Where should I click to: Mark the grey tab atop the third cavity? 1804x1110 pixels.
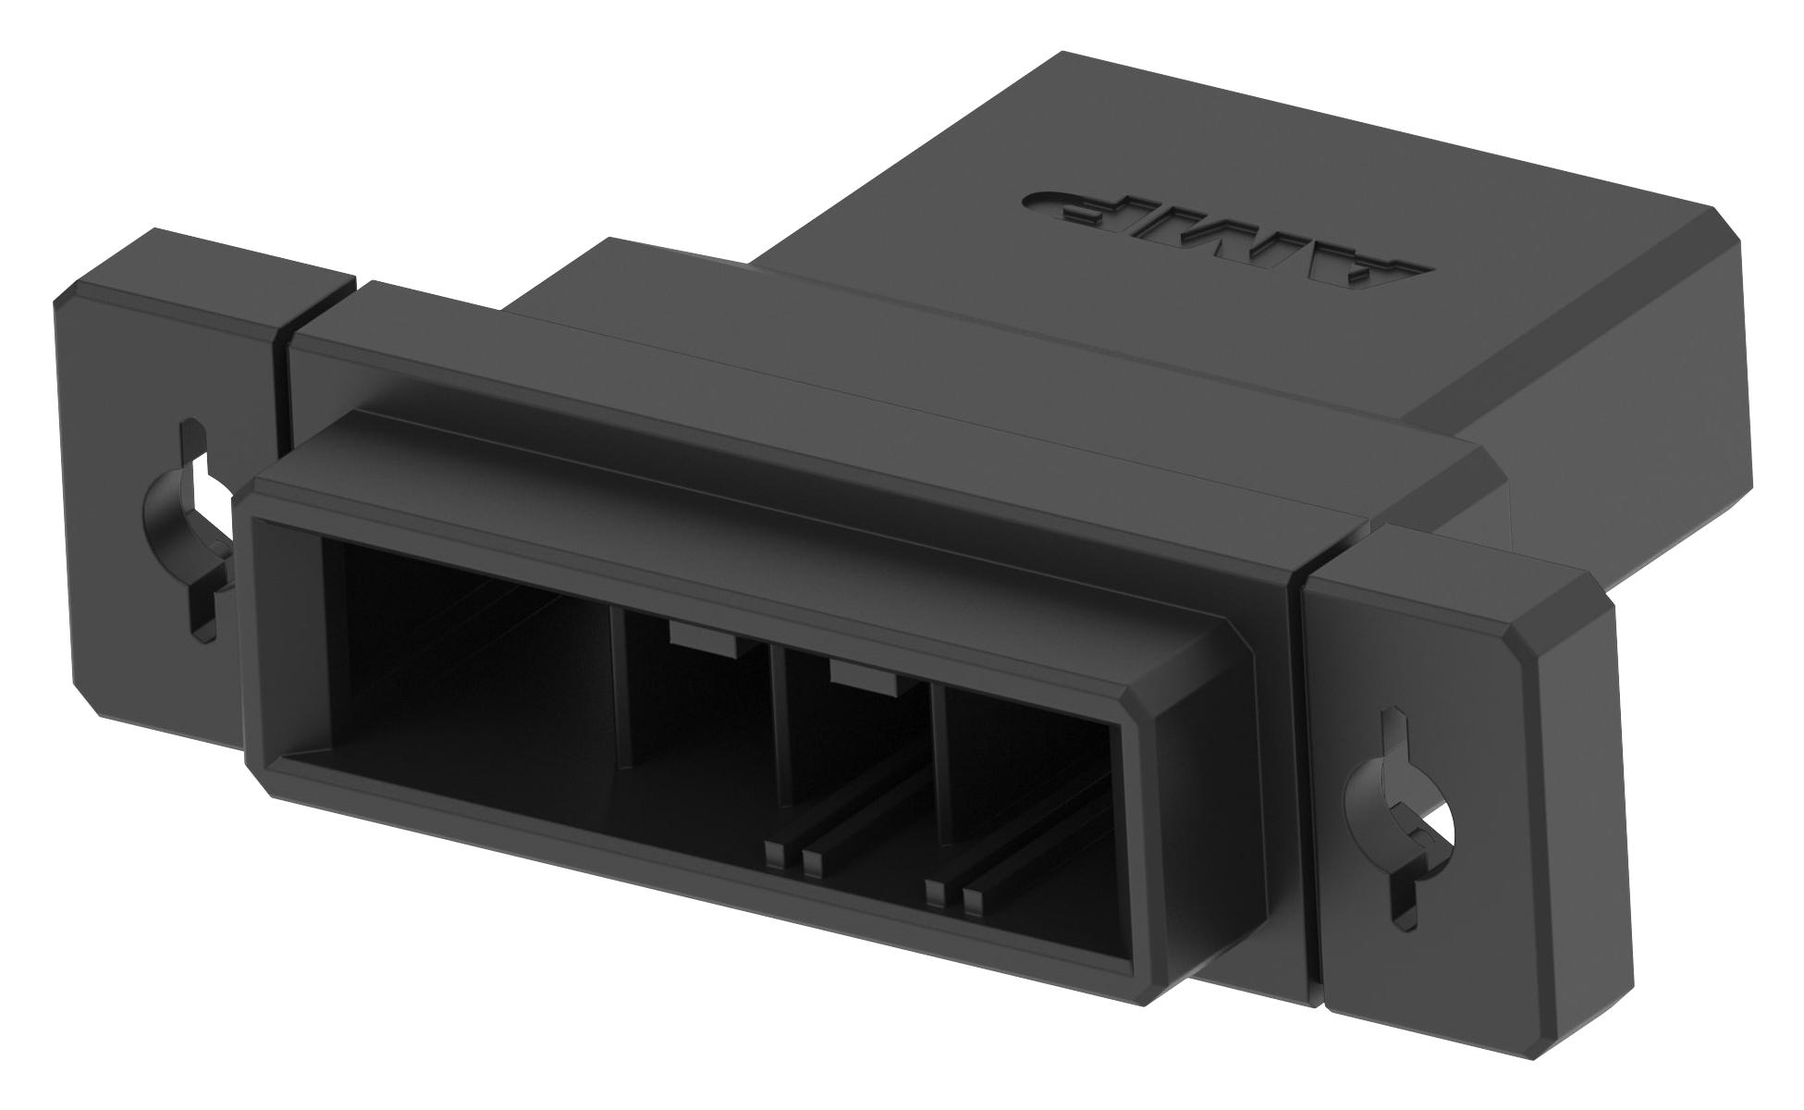[x=865, y=676]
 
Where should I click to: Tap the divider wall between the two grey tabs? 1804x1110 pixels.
[x=779, y=731]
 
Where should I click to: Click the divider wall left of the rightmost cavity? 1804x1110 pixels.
[x=937, y=768]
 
